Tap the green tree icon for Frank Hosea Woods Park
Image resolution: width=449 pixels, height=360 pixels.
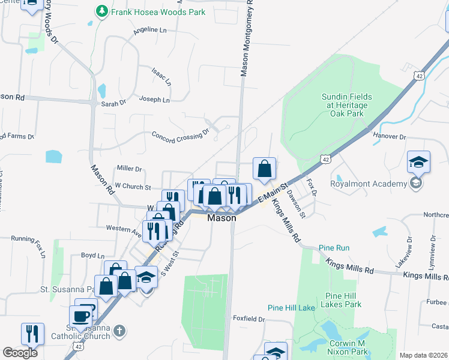[102, 11]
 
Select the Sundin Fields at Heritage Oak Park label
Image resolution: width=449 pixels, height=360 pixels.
[346, 104]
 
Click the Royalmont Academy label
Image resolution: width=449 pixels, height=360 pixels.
[369, 183]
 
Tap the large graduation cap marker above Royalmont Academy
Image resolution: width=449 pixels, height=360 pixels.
[418, 163]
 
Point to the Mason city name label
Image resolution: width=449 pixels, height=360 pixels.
[221, 218]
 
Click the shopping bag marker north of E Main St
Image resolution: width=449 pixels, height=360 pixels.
[264, 169]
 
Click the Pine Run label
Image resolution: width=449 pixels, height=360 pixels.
[334, 247]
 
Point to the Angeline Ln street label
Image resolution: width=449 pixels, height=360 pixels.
[150, 30]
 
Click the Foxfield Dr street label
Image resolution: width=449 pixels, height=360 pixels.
[249, 319]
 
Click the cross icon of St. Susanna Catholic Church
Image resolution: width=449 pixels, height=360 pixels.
[119, 331]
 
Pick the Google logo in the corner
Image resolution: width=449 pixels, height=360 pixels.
[20, 353]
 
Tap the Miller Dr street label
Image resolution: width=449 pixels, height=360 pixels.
[130, 169]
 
